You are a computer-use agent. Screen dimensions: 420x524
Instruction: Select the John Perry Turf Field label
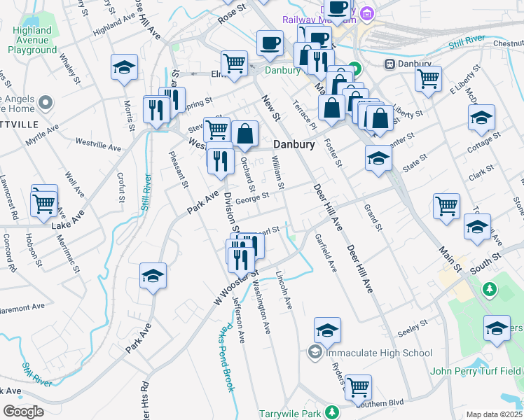[x=476, y=371]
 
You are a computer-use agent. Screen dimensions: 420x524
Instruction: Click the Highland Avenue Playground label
[x=32, y=40]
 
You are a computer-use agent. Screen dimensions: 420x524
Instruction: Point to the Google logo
[x=23, y=411]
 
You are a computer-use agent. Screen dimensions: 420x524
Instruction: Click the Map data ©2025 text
[x=495, y=414]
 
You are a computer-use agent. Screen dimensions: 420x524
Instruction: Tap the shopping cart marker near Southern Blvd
[x=358, y=386]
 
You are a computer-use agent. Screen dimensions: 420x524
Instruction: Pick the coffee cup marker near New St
[x=270, y=43]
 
